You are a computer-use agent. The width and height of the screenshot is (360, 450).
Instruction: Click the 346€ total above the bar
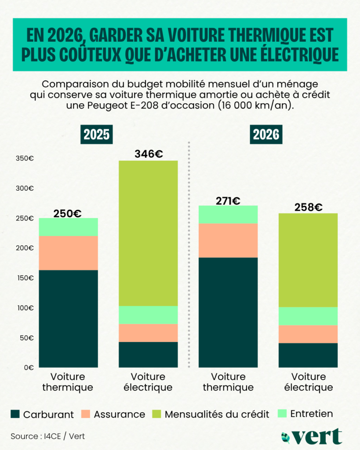pyautogui.click(x=149, y=154)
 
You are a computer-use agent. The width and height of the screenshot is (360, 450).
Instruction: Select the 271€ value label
pyautogui.click(x=228, y=201)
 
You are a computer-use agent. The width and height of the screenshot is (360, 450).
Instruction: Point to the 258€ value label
pyautogui.click(x=308, y=207)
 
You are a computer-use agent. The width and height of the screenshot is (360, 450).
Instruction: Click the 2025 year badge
pyautogui.click(x=96, y=134)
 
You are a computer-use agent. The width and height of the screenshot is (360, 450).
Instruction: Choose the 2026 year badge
pyautogui.click(x=265, y=134)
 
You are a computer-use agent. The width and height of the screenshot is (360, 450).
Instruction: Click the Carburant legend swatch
pyautogui.click(x=16, y=414)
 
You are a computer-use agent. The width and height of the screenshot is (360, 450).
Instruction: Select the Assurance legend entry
pyautogui.click(x=113, y=414)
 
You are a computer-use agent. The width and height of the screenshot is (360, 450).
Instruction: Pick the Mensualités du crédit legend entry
pyautogui.click(x=211, y=414)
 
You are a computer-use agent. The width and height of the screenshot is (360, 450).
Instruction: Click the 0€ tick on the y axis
pyautogui.click(x=29, y=367)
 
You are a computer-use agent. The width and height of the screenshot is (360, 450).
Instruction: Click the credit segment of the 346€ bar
pyautogui.click(x=149, y=233)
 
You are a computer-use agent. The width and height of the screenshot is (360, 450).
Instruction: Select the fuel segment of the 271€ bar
pyautogui.click(x=228, y=312)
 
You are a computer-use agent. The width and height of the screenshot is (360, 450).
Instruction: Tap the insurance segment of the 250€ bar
pyautogui.click(x=69, y=253)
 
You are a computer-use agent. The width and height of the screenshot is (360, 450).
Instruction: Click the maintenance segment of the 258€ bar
pyautogui.click(x=308, y=316)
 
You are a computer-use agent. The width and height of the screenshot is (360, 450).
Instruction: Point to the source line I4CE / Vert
pyautogui.click(x=47, y=436)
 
